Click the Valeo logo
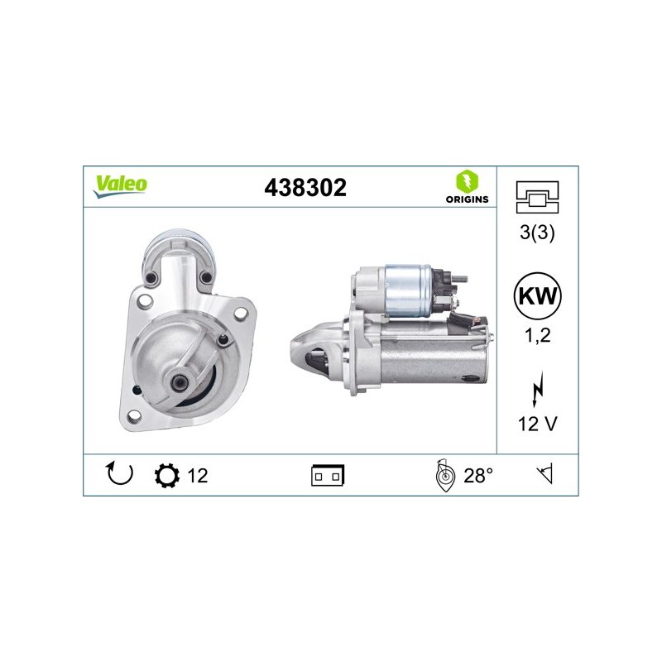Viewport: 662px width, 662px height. point(120,185)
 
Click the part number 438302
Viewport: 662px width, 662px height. point(305,188)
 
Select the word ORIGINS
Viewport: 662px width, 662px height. point(467,199)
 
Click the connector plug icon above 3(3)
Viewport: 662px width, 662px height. point(537,197)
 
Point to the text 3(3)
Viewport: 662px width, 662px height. point(537,233)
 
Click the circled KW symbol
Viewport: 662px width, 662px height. point(537,296)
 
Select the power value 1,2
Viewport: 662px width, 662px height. point(537,335)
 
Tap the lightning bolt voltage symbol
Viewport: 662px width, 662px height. point(537,389)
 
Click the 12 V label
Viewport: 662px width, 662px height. point(537,424)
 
